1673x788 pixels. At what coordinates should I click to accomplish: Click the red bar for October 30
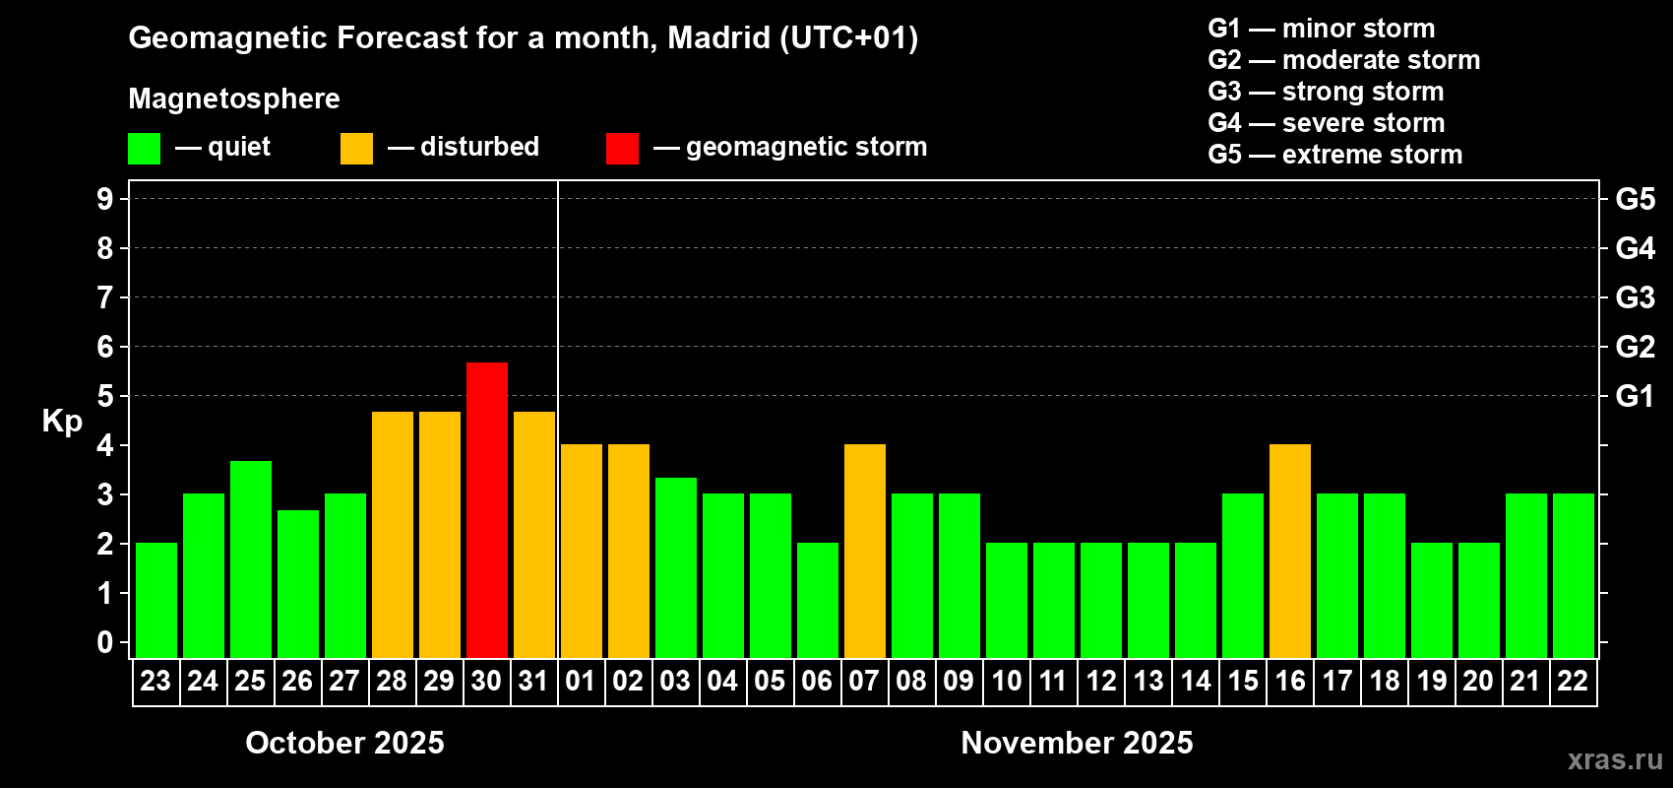coord(487,509)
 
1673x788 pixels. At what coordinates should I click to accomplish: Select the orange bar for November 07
coord(865,551)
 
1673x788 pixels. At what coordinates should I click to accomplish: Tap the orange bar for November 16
coord(1290,551)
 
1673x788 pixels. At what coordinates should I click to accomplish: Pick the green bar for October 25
coord(251,558)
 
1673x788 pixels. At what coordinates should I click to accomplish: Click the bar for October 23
coord(156,600)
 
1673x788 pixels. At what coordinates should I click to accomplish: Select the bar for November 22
coord(1574,575)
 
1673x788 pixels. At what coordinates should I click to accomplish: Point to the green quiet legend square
coord(145,149)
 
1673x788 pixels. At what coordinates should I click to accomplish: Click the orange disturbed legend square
coord(356,149)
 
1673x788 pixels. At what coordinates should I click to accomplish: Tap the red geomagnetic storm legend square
coord(622,149)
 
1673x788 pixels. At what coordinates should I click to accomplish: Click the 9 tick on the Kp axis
coord(105,199)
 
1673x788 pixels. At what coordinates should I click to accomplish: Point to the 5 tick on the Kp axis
coord(105,396)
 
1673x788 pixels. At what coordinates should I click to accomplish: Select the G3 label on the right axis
coord(1635,297)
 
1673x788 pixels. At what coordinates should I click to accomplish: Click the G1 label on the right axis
coord(1635,396)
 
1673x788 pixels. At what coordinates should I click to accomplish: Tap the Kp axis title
coord(62,422)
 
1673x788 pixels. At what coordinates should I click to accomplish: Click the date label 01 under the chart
coord(581,682)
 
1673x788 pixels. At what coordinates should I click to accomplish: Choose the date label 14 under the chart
coord(1196,682)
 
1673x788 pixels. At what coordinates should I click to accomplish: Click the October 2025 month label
coord(344,743)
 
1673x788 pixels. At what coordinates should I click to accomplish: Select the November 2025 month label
coord(1077,743)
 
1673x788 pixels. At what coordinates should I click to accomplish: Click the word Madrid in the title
coord(718,38)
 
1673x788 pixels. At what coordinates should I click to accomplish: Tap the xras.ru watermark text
coord(1615,759)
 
